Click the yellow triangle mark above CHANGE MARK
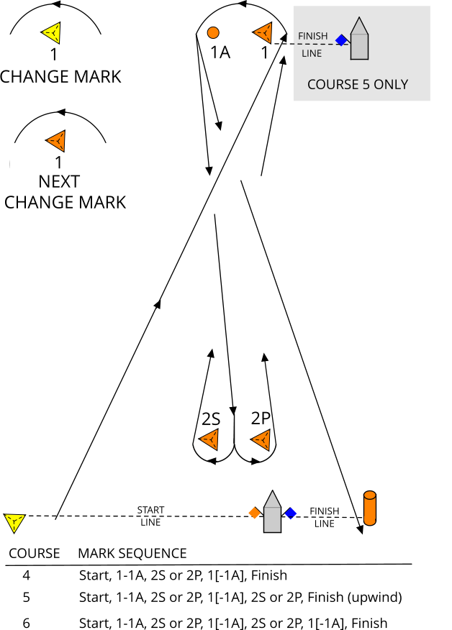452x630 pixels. [x=53, y=32]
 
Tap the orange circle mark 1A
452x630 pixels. [x=213, y=32]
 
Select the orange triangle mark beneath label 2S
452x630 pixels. [x=209, y=438]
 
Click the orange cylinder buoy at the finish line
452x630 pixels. [x=370, y=508]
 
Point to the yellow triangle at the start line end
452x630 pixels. [x=14, y=521]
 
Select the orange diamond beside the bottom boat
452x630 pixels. [x=254, y=513]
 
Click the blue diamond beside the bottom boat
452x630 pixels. [x=290, y=513]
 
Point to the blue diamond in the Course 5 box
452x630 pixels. [x=341, y=40]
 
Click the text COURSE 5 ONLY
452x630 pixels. [x=357, y=84]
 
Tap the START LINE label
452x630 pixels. [x=150, y=516]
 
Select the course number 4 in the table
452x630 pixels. [x=26, y=575]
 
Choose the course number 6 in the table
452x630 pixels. [x=27, y=623]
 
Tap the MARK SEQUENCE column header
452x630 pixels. [x=132, y=553]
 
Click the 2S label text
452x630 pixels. [x=211, y=419]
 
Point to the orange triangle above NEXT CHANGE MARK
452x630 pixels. [x=57, y=141]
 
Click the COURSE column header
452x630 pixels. [x=33, y=553]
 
